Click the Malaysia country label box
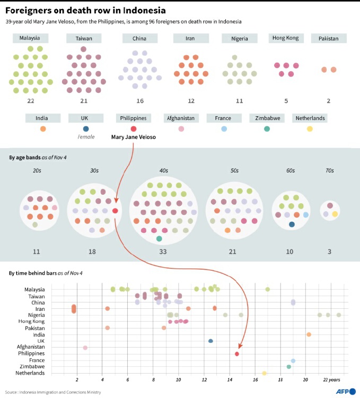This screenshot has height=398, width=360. click(30, 38)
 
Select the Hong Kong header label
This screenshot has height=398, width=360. click(285, 38)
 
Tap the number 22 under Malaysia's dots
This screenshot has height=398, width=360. click(30, 101)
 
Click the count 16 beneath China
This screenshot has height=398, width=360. click(140, 101)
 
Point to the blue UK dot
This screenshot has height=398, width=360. click(86, 129)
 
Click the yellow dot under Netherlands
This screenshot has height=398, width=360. click(310, 129)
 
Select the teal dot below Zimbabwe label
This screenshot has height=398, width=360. click(267, 129)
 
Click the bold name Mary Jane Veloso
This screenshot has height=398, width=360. click(134, 137)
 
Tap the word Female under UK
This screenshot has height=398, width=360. click(86, 137)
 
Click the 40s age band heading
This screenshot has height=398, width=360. click(163, 171)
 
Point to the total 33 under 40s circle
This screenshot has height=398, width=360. click(163, 251)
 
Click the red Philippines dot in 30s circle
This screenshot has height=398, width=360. click(115, 211)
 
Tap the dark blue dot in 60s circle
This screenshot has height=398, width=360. click(292, 224)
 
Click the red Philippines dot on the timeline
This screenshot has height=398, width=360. click(237, 354)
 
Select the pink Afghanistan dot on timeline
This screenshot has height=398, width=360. click(85, 348)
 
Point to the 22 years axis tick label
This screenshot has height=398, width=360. click(332, 380)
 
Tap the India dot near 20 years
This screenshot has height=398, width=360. click(309, 334)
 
